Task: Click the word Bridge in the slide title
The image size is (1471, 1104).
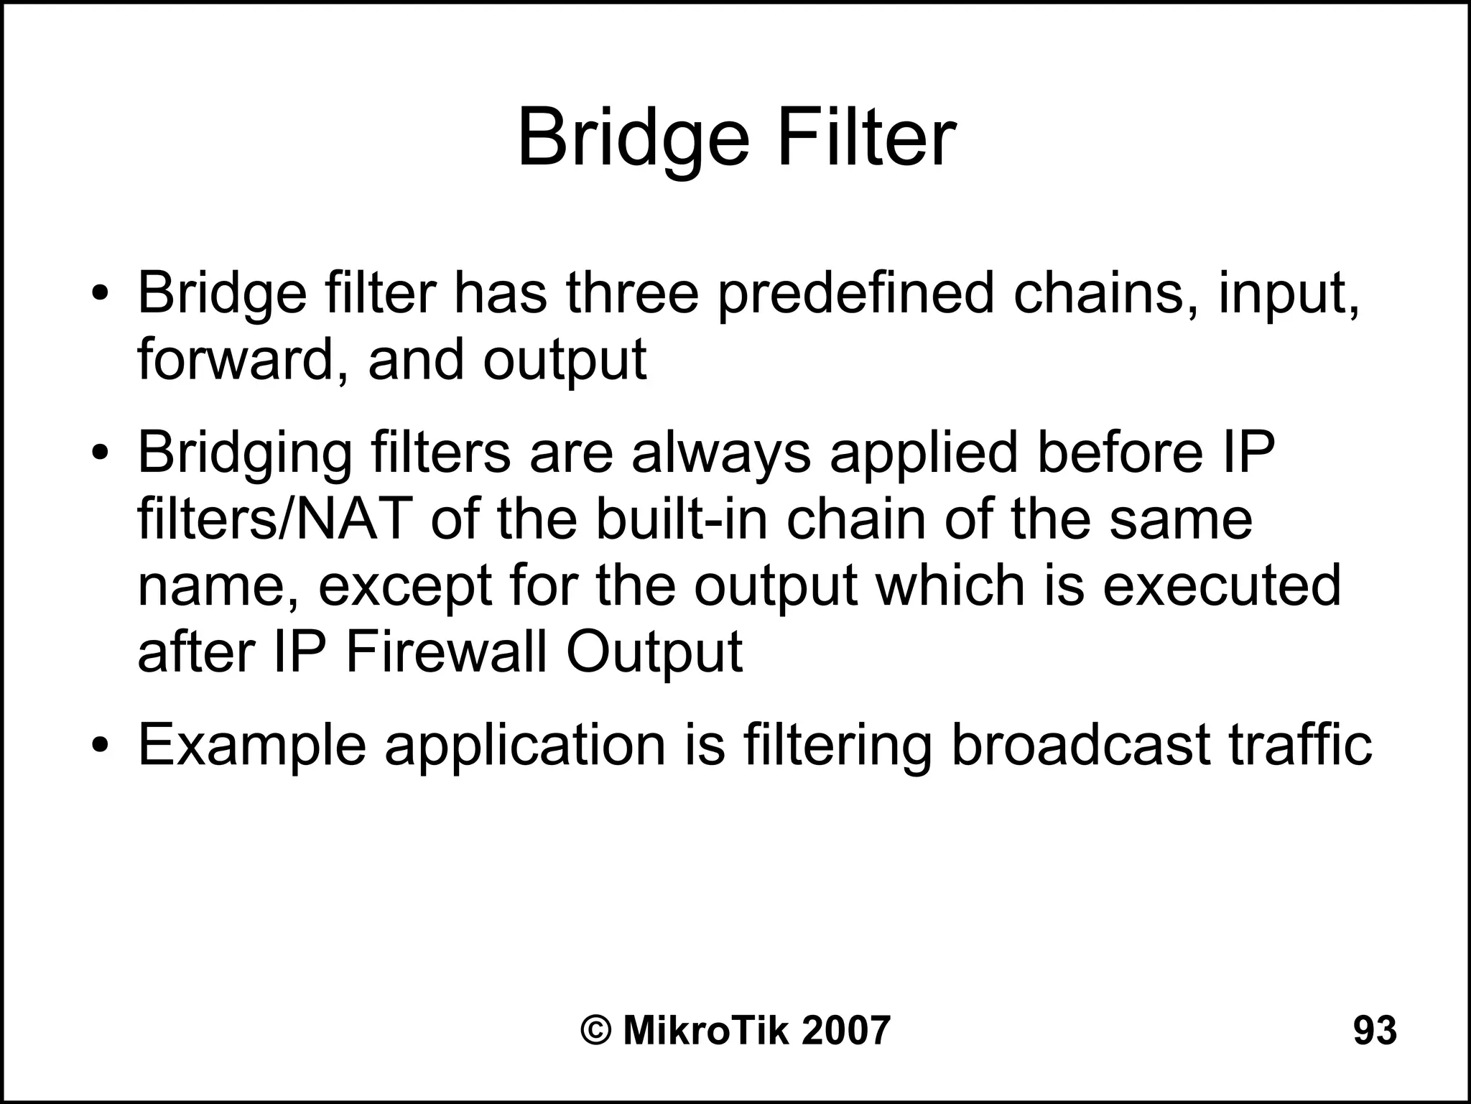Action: click(634, 138)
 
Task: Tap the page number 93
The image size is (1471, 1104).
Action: click(1375, 1030)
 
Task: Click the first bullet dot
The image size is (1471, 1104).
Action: click(100, 294)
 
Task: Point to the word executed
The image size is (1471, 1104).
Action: click(1221, 585)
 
